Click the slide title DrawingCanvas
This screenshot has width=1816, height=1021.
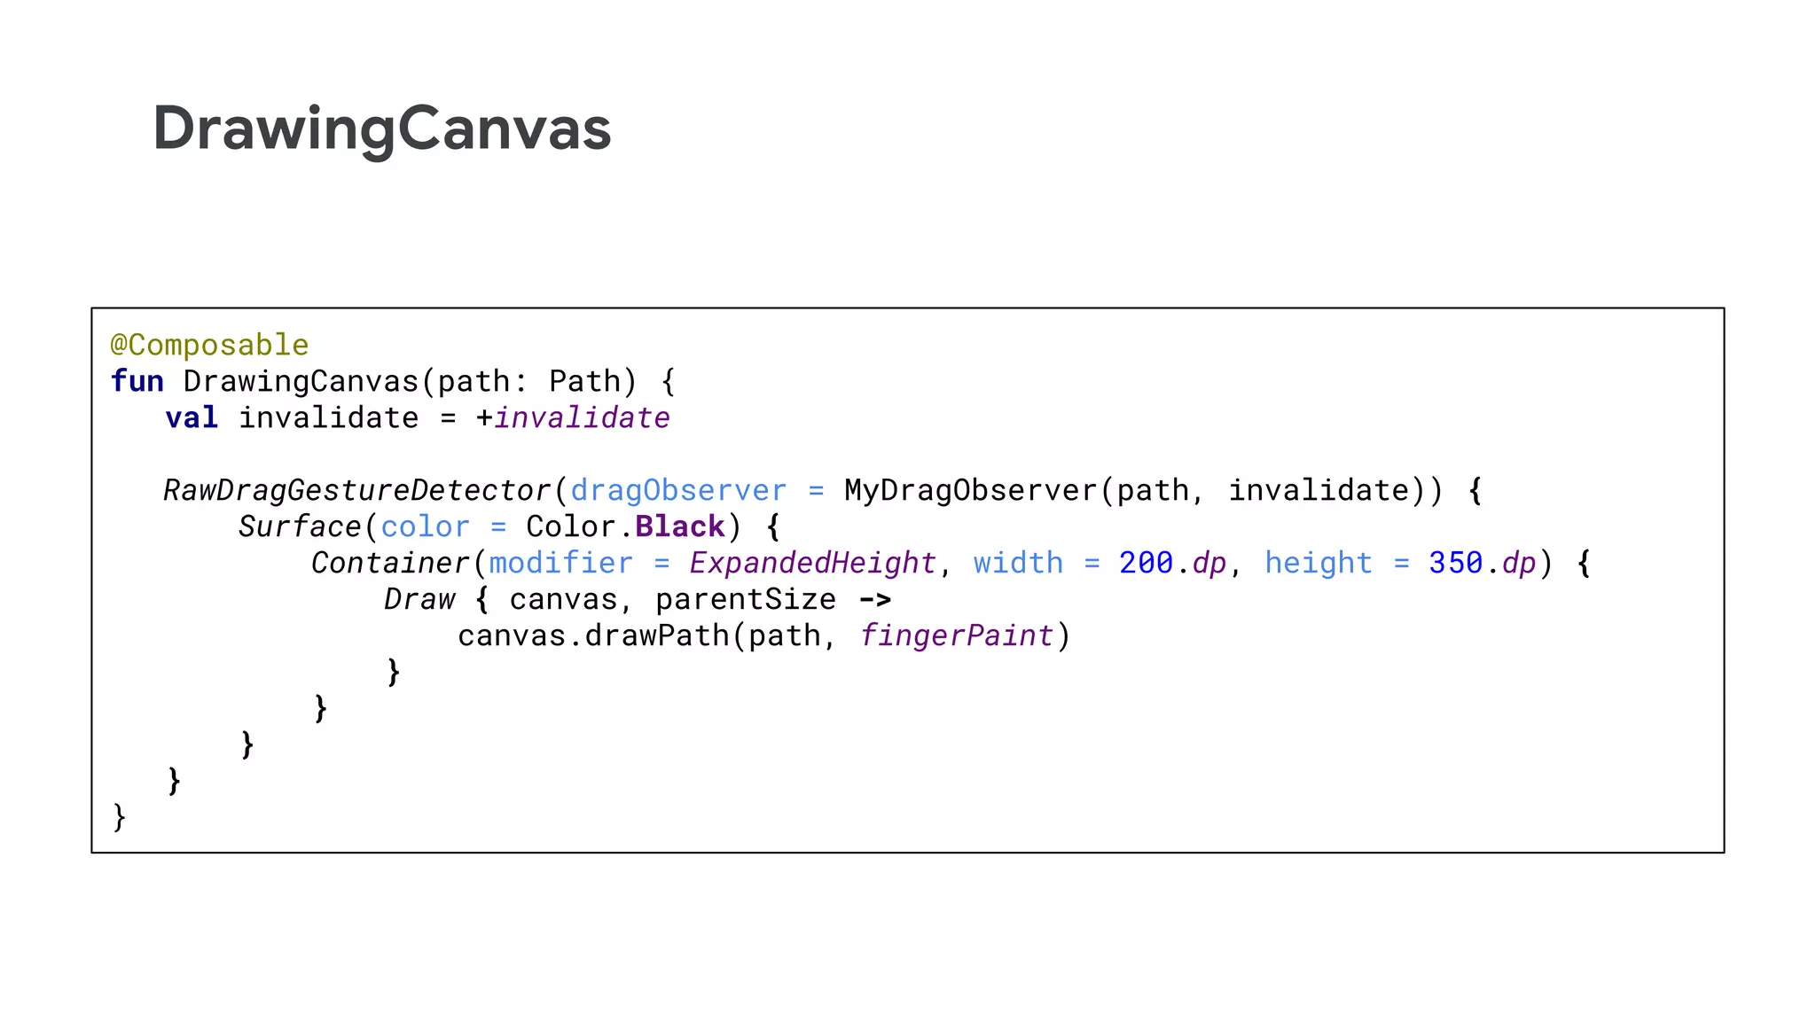381,129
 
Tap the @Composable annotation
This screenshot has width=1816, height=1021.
209,345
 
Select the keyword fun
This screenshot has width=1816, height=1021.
137,381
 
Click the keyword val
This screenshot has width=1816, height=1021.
192,417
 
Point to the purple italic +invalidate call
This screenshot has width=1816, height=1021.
581,417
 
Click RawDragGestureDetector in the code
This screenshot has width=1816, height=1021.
357,490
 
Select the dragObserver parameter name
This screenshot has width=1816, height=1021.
678,490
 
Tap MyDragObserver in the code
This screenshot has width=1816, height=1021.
970,490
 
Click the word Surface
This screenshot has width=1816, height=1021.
300,526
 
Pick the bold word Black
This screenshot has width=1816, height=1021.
680,526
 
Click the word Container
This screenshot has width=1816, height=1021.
390,563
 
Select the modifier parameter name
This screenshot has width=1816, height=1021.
560,563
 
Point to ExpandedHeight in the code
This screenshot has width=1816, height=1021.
812,563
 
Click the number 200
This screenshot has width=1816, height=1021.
1146,563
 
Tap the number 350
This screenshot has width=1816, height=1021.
1455,563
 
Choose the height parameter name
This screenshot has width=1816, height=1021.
1318,563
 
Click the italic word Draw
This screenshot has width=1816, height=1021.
419,599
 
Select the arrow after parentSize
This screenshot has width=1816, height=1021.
874,600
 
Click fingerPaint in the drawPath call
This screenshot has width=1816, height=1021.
956,635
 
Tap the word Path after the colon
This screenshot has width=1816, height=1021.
584,381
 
